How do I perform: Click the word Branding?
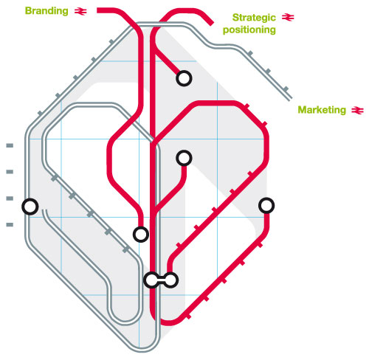pyautogui.click(x=46, y=11)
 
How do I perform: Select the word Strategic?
pyautogui.click(x=254, y=18)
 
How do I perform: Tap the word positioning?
pyautogui.click(x=249, y=30)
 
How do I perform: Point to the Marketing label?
pyautogui.click(x=322, y=110)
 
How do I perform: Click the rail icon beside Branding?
pyautogui.click(x=80, y=11)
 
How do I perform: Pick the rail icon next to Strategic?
pyautogui.click(x=288, y=18)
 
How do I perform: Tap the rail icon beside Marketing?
pyautogui.click(x=357, y=110)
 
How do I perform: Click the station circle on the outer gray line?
pyautogui.click(x=30, y=207)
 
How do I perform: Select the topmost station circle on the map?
pyautogui.click(x=184, y=78)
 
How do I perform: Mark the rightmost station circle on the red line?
pyautogui.click(x=266, y=206)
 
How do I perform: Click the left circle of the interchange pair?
pyautogui.click(x=151, y=280)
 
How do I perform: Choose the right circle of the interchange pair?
pyautogui.click(x=170, y=280)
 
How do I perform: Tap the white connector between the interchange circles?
pyautogui.click(x=161, y=280)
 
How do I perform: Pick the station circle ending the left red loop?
pyautogui.click(x=141, y=235)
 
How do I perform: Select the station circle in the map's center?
pyautogui.click(x=184, y=158)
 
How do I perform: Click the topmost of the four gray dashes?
pyautogui.click(x=10, y=145)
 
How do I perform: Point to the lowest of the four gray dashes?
pyautogui.click(x=10, y=224)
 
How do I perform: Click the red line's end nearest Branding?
pyautogui.click(x=97, y=10)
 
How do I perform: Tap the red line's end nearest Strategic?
pyautogui.click(x=211, y=24)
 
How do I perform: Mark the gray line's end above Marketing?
pyautogui.click(x=291, y=99)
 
